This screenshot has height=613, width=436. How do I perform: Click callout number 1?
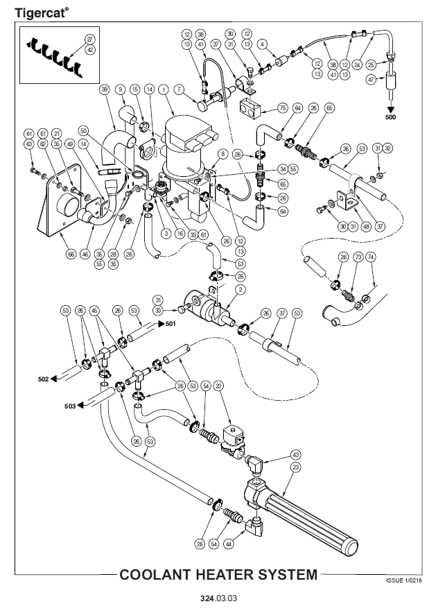[x=164, y=89]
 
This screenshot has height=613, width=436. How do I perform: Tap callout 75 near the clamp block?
[x=282, y=108]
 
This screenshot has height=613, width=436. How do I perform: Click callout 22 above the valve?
[x=218, y=386]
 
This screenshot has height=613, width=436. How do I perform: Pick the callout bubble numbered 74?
[x=370, y=257]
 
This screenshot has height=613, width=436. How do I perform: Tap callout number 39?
[x=105, y=89]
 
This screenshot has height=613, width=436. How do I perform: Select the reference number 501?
[x=171, y=323]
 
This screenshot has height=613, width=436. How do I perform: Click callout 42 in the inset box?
[x=90, y=50]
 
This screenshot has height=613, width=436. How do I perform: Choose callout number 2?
[x=241, y=288]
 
